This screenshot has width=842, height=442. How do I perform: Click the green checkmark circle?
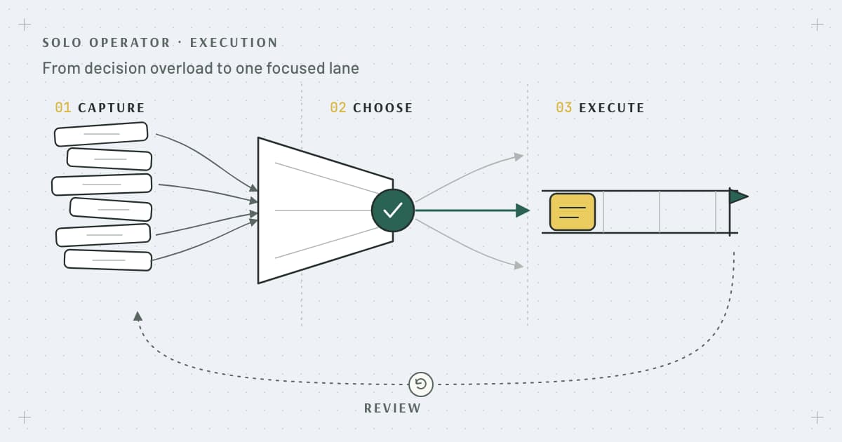click(393, 210)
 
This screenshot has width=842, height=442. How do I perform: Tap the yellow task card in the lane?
click(573, 212)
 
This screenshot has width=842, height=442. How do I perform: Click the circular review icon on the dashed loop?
click(421, 384)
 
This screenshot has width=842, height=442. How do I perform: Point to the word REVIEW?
click(393, 408)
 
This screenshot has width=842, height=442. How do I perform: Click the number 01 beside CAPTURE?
click(62, 108)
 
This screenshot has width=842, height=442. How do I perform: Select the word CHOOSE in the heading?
click(382, 108)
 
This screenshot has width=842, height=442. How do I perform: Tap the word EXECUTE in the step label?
click(612, 108)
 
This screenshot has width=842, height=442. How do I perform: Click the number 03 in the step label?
click(564, 108)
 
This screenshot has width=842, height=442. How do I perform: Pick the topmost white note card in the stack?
click(101, 134)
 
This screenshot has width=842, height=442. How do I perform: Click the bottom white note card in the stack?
click(108, 260)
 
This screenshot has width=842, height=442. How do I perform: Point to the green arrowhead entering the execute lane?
click(523, 210)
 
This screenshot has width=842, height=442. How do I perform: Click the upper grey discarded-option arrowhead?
click(519, 156)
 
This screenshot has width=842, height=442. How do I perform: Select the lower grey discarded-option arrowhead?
click(519, 265)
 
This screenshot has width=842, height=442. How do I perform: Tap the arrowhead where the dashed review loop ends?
click(138, 316)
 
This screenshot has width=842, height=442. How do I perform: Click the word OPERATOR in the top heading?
click(130, 43)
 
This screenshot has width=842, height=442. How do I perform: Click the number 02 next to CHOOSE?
click(338, 108)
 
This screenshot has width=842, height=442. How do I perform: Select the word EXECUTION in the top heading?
click(234, 43)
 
